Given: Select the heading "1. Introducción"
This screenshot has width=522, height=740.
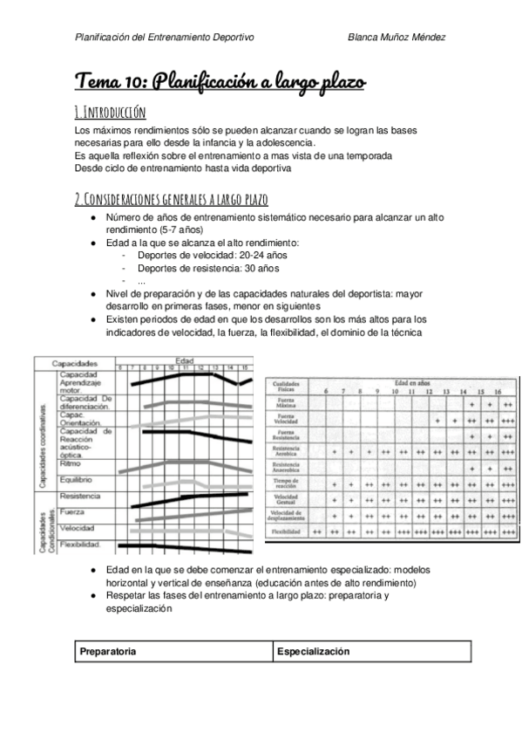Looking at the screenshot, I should pyautogui.click(x=111, y=112).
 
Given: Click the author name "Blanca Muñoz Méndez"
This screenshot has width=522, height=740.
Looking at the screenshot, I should pyautogui.click(x=397, y=38).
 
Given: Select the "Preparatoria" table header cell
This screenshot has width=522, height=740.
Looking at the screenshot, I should pyautogui.click(x=107, y=652).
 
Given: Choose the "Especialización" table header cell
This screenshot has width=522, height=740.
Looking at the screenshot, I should pyautogui.click(x=313, y=652).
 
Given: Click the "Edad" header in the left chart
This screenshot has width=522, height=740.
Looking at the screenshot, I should pyautogui.click(x=184, y=360).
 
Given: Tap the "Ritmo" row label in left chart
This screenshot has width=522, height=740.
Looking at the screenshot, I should pyautogui.click(x=71, y=463).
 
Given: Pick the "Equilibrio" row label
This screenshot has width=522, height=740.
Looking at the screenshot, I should pyautogui.click(x=78, y=479).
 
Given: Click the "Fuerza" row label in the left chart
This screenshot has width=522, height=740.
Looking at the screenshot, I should pyautogui.click(x=72, y=512).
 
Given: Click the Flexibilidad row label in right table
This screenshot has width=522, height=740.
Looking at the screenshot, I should pyautogui.click(x=288, y=530).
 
